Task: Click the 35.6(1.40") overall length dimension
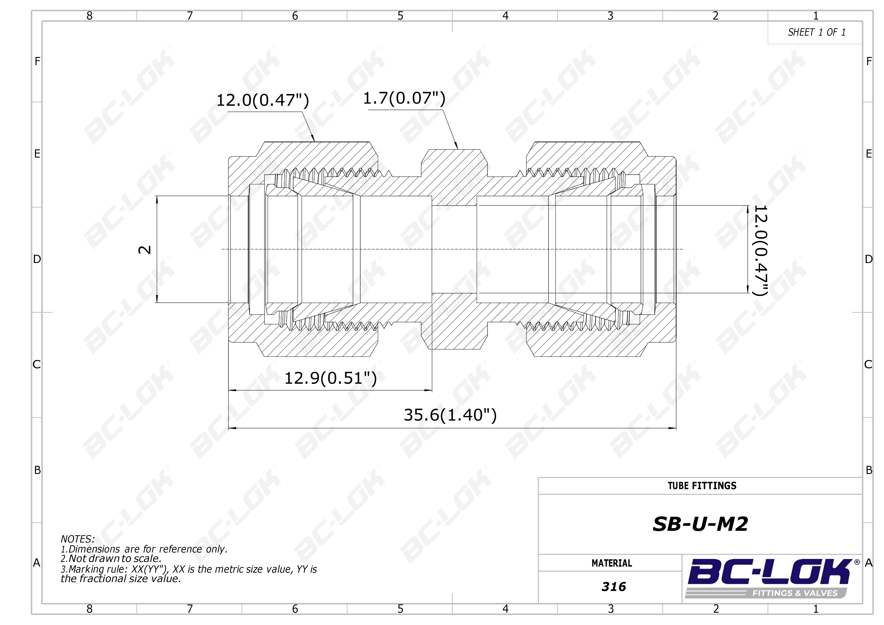coord(450,415)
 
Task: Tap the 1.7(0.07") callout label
coord(404,98)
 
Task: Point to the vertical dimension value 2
coord(144,249)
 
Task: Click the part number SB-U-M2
coord(700,524)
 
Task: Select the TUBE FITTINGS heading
coord(702,486)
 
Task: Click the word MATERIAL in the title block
coord(612,563)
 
